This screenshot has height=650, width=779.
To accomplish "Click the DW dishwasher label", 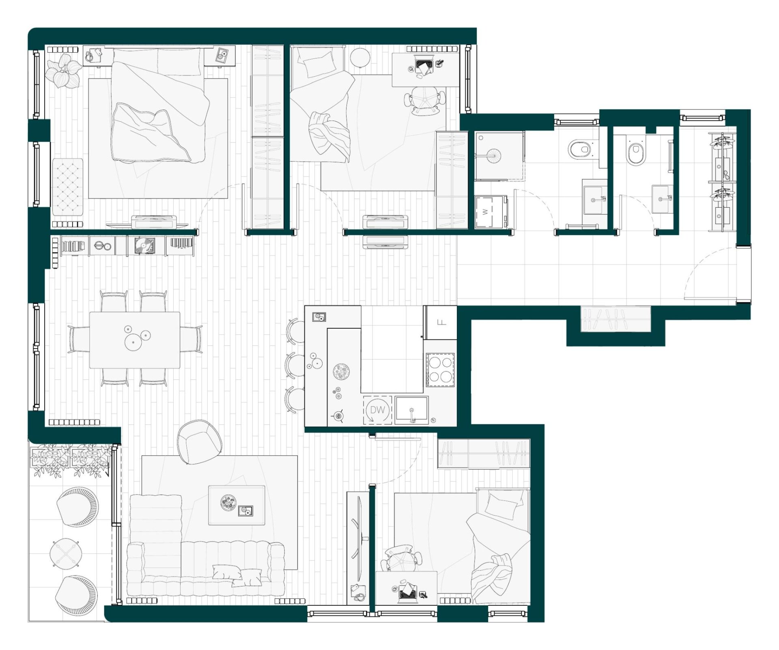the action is [377, 410].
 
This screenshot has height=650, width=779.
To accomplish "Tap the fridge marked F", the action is [441, 323].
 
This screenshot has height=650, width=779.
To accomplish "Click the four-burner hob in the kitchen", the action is [440, 370].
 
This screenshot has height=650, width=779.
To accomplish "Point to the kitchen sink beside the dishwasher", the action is [412, 410].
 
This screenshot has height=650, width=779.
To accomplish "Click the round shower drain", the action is [494, 155].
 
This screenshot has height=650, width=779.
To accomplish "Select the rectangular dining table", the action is [135, 340].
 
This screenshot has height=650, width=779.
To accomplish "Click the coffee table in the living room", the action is [237, 505].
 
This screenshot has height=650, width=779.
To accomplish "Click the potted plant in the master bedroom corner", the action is [63, 71].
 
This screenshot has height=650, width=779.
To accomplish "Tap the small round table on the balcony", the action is [66, 553].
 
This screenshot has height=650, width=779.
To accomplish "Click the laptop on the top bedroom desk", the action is [424, 66].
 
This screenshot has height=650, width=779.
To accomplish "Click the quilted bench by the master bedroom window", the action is [68, 187].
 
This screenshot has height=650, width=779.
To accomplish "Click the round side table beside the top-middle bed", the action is [360, 58].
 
